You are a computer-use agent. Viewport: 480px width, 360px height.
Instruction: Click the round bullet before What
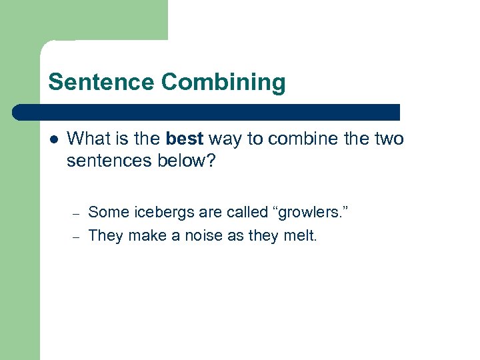point(54,139)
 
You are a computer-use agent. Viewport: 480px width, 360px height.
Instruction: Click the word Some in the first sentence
point(109,213)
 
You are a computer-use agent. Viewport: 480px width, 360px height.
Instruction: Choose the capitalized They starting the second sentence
point(106,235)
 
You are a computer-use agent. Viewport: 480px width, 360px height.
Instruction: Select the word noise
point(199,235)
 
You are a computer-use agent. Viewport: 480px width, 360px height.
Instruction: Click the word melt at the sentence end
point(301,235)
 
